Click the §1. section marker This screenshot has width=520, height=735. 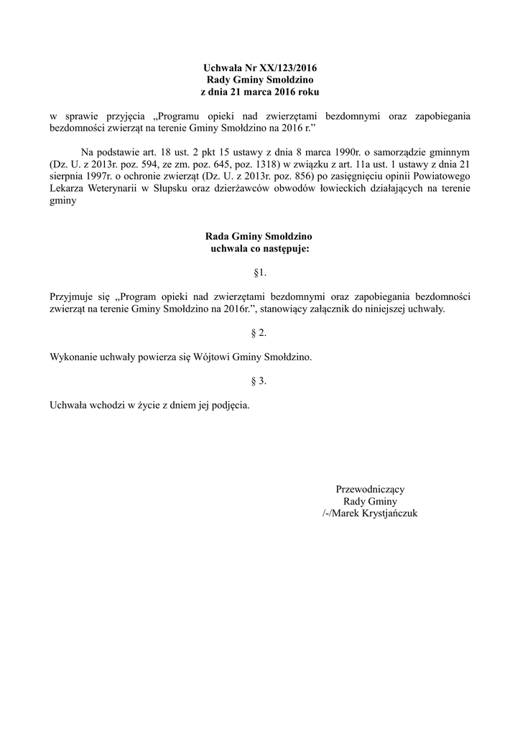pyautogui.click(x=260, y=273)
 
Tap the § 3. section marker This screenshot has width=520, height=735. pyautogui.click(x=260, y=380)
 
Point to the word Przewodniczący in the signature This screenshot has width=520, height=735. pyautogui.click(x=370, y=490)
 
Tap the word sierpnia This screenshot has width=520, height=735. pyautogui.click(x=68, y=177)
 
